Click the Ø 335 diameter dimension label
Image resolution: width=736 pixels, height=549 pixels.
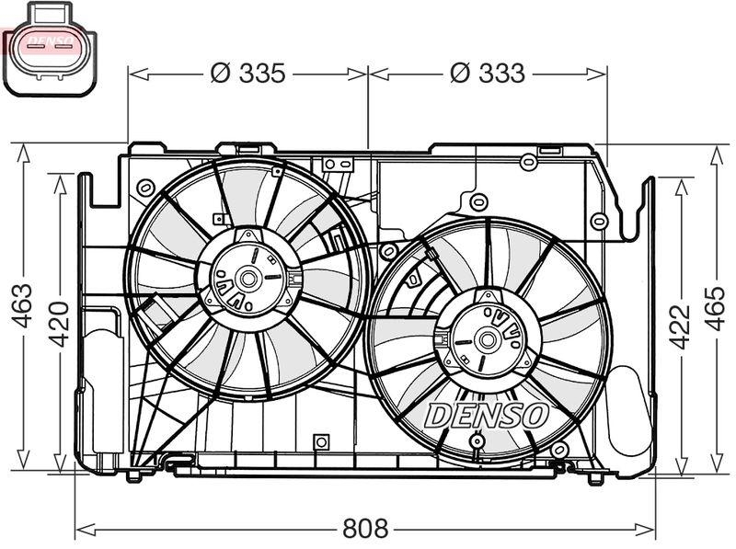pos(248,74)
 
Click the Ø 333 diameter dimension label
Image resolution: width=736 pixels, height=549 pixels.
pos(488,74)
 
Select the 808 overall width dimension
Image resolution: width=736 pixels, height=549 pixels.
pos(365,529)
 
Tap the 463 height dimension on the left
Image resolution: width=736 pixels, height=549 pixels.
pos(23,305)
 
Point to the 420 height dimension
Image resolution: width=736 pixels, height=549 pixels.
pos(58,322)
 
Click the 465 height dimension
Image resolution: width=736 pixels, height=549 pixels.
pos(716,308)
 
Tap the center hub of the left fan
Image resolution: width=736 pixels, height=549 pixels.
pos(248,276)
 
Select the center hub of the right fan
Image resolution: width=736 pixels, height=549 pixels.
pos(486,340)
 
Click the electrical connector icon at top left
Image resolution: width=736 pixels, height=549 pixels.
pos(50,48)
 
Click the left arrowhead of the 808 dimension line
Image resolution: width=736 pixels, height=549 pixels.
pos(80,529)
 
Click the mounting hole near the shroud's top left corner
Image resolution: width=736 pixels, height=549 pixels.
pos(144,188)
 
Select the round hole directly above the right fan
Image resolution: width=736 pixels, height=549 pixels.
pos(477,201)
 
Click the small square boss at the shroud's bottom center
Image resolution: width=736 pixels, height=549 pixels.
pos(320,442)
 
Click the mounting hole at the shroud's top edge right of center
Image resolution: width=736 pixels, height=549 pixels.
pos(528,163)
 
